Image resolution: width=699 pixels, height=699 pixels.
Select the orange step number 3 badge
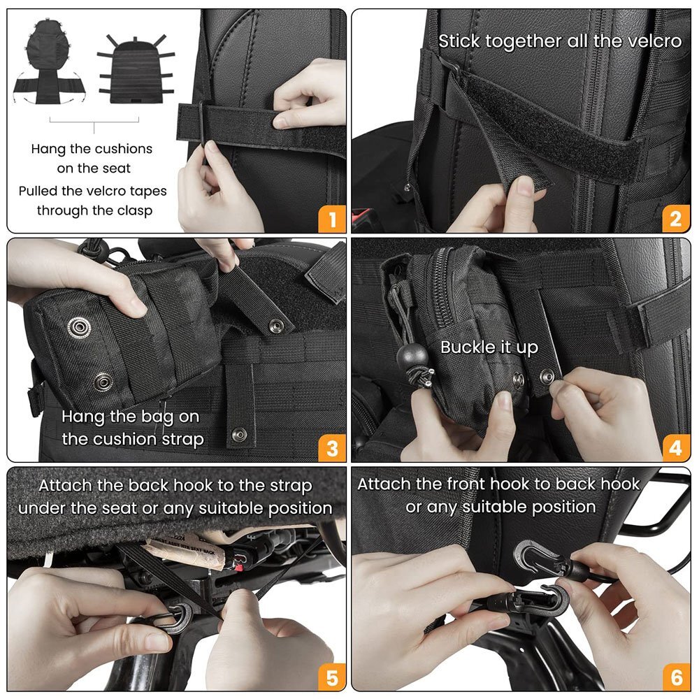(331, 448)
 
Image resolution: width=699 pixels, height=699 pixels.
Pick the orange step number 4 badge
(676, 448)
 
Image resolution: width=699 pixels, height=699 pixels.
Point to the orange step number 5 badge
(331, 677)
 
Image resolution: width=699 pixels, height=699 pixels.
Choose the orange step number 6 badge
(676, 677)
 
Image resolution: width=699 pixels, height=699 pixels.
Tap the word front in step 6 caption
(466, 484)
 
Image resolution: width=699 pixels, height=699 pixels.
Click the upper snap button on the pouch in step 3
(80, 327)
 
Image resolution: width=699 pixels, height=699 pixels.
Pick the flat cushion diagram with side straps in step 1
(136, 70)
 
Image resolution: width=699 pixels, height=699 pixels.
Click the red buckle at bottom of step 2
(362, 217)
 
